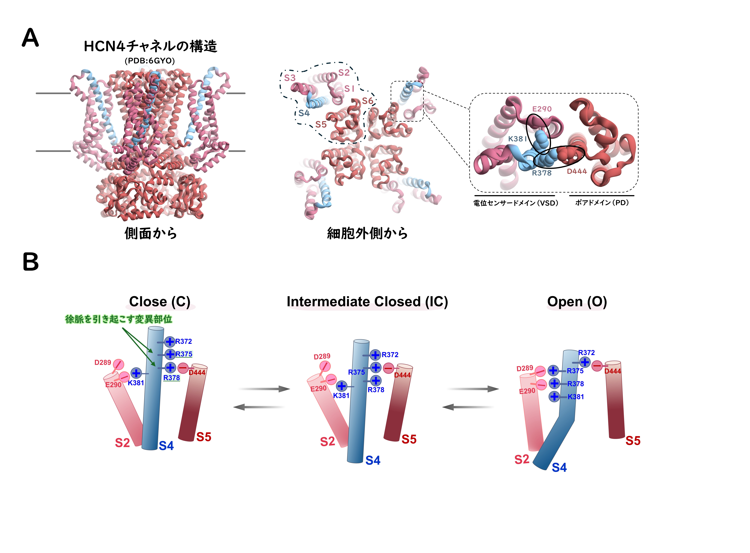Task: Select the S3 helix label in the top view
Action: click(289, 78)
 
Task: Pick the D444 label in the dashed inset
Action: click(577, 171)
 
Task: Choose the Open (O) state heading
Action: click(577, 302)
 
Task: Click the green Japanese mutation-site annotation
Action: click(119, 319)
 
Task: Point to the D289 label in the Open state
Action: click(524, 368)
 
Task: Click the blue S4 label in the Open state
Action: click(559, 467)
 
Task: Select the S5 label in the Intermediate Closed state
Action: click(409, 439)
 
